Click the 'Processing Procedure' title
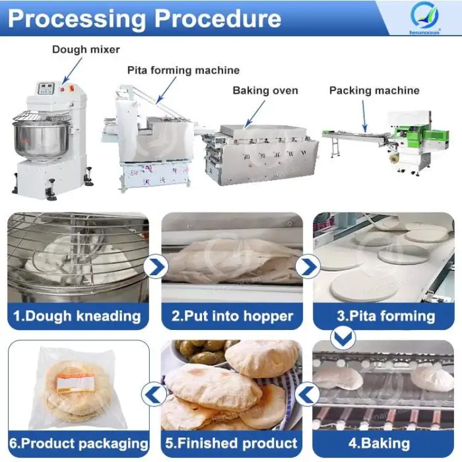coord(145,18)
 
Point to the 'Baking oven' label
coord(265,90)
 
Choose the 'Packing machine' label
coord(374,90)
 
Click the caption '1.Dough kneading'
coord(77,315)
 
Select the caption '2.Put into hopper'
coord(232,315)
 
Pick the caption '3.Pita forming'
coord(386,315)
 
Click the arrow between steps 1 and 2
coord(155,267)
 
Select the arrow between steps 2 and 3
coord(308,267)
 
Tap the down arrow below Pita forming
coord(343,337)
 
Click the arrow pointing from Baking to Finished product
coord(308,395)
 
